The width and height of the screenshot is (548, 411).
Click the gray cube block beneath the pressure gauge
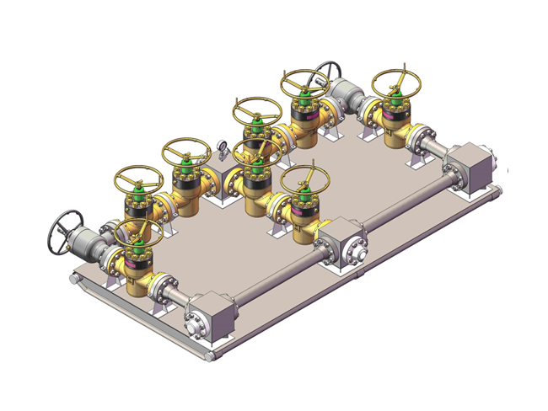(220, 180)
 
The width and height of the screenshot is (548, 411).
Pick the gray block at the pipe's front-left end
(212, 317)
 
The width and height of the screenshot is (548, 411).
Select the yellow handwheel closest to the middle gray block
(304, 179)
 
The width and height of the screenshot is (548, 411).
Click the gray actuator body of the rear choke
(346, 94)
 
